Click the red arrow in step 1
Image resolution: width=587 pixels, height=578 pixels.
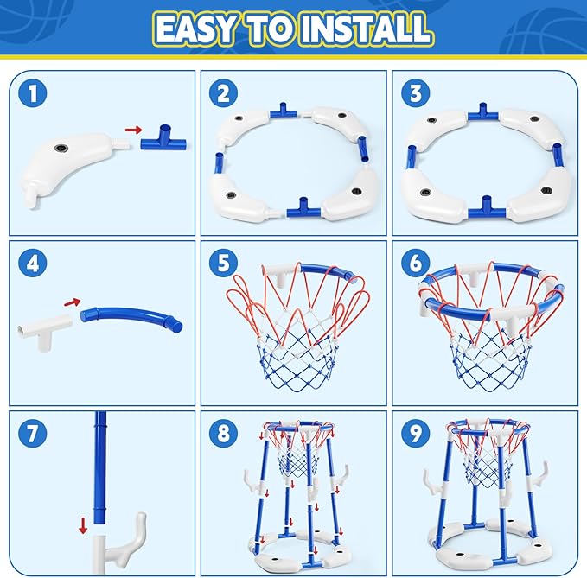click(x=132, y=130)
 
